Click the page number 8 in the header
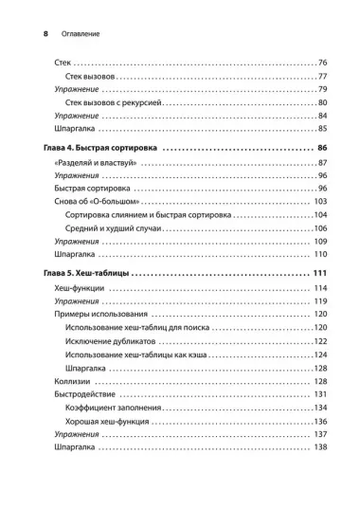(x=20, y=33)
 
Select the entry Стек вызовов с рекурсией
(x=121, y=101)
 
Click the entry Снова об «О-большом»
(x=91, y=202)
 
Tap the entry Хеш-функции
(x=78, y=288)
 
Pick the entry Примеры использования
(x=99, y=314)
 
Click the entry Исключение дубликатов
(x=117, y=340)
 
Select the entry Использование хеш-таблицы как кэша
(x=144, y=354)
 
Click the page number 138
(x=319, y=446)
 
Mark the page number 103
(x=319, y=202)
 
